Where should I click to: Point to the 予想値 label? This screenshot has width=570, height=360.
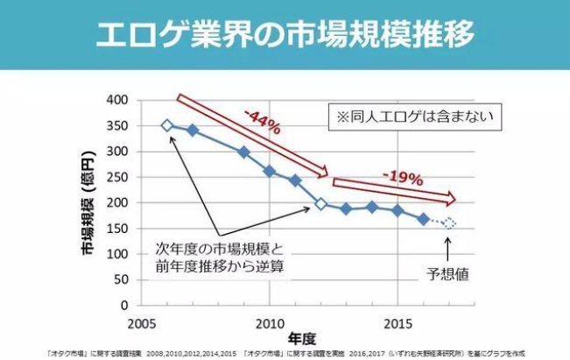[451, 273]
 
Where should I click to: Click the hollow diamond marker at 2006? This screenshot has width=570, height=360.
[167, 125]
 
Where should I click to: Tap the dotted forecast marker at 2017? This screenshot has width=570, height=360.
[449, 223]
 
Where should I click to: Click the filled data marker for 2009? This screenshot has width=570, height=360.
[244, 152]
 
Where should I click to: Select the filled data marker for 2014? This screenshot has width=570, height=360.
[372, 207]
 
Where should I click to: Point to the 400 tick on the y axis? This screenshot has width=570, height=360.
[117, 100]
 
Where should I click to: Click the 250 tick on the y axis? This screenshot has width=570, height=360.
[117, 177]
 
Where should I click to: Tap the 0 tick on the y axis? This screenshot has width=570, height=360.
[124, 306]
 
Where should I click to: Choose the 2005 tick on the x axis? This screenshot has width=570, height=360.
[142, 321]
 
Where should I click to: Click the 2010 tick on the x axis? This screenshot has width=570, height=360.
[270, 321]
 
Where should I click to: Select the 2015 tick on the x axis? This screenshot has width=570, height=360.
[398, 321]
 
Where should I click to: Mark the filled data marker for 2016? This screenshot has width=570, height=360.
[424, 219]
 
